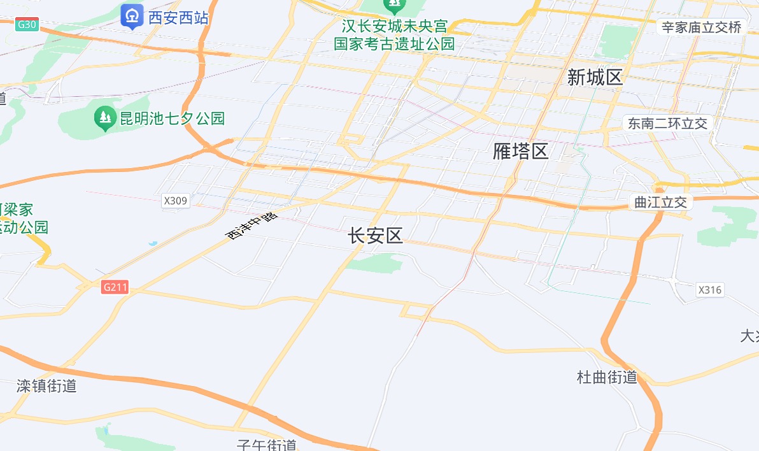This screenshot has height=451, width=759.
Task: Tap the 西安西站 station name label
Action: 178,17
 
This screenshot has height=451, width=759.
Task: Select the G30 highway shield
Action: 28,24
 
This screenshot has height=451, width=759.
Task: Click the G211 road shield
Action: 115,287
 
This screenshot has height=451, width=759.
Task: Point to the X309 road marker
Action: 176,201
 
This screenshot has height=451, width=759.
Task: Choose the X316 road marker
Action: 710,290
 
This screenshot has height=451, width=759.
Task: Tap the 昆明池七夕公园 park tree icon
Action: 104,118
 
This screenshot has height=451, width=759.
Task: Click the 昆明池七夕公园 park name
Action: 173,118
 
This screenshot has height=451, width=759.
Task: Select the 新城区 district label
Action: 595,78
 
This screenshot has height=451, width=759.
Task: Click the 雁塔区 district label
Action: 520,151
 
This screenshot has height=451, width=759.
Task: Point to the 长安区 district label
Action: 375,236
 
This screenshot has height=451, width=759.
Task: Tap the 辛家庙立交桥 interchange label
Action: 701,27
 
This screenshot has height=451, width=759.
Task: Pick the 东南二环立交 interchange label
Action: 667,124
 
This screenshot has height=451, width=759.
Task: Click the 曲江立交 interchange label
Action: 661,203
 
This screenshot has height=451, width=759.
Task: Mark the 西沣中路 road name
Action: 253,227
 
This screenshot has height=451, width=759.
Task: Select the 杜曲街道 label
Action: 607,377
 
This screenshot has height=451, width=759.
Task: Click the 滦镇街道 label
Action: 46,385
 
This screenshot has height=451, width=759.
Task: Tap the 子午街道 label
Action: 267,445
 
